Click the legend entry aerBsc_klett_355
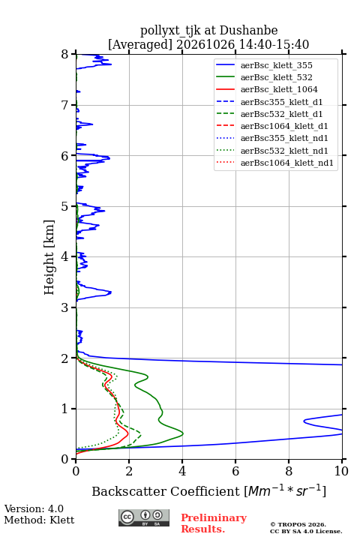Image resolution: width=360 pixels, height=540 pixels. click(276, 65)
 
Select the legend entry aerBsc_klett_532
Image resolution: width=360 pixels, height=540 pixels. click(276, 77)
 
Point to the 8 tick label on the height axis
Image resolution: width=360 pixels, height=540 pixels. click(65, 55)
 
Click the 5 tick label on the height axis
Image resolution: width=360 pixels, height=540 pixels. click(65, 207)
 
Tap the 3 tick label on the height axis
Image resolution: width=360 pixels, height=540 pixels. click(65, 307)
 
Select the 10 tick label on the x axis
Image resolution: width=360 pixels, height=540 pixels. click(341, 471)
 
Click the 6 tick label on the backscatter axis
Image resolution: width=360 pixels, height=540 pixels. click(235, 471)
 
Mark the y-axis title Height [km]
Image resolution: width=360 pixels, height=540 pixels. click(49, 257)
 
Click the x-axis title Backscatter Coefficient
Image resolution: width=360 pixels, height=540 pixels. click(166, 491)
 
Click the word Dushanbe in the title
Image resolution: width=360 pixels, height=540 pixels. click(248, 31)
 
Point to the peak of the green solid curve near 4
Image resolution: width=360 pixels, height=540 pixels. click(183, 433)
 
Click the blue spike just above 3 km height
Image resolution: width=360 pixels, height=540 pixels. click(111, 292)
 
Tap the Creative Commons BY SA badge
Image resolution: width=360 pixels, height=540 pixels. click(144, 517)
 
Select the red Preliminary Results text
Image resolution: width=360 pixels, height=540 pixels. click(214, 523)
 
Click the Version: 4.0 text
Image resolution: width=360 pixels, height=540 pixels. click(34, 508)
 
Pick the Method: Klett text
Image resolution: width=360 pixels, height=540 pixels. click(39, 520)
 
